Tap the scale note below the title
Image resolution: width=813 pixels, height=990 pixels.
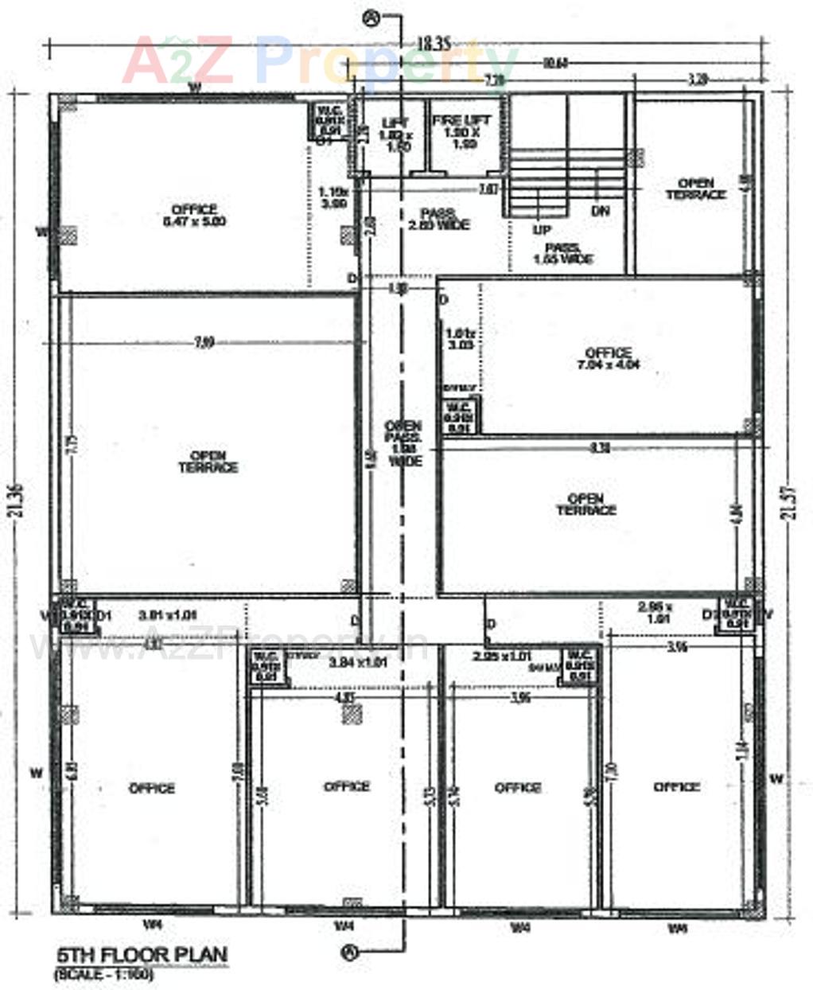pos(103,973)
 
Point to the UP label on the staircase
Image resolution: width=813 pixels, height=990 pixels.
pos(542,229)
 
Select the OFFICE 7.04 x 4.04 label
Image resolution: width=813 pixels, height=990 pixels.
pos(609,358)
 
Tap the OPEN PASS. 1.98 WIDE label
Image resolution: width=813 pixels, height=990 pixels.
pos(403,443)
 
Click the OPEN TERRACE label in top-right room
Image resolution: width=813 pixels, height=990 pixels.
pos(696,189)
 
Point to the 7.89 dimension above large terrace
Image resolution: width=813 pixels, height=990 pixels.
pos(204,343)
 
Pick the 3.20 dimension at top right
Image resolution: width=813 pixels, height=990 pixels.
pos(697,79)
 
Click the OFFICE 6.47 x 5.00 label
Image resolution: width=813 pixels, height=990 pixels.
pos(194,215)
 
